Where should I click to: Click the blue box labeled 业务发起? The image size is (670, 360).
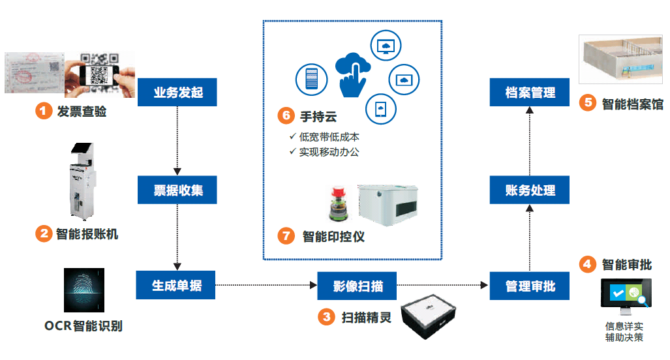177,92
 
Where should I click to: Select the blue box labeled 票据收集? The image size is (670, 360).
177,190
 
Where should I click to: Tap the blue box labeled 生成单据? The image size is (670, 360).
175,286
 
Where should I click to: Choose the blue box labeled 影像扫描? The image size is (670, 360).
357,286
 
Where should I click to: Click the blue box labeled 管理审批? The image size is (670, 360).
530,286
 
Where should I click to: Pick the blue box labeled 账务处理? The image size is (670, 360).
530,190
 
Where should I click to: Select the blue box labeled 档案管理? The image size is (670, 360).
530,92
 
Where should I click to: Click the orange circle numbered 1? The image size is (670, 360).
43,111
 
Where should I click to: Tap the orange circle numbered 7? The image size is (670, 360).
286,235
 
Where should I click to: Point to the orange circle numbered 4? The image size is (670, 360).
587,264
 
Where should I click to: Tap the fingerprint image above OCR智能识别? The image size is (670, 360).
84,290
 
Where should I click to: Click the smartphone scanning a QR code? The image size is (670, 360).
100,73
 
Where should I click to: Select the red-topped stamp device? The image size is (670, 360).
341,203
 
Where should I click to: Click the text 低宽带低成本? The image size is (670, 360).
329,137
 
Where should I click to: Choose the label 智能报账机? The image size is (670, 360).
87,233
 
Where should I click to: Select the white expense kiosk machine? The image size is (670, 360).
82,179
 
